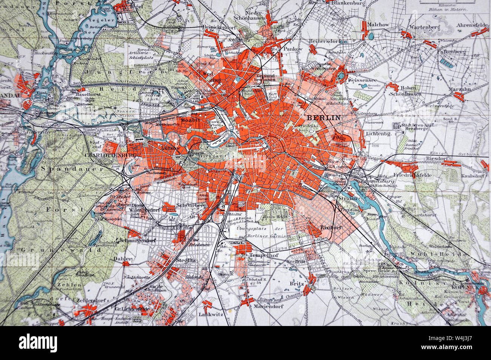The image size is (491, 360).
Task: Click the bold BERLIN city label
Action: click(324, 117)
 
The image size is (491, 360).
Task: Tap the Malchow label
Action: click(379, 25)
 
